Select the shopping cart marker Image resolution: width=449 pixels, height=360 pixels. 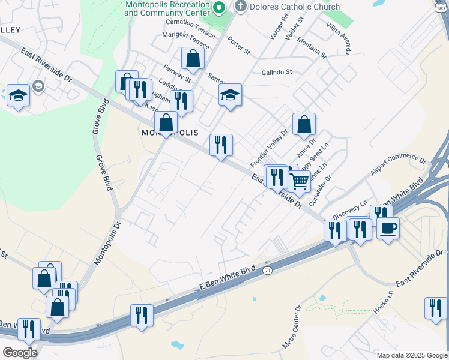(299, 180)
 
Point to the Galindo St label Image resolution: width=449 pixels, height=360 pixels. (276, 72)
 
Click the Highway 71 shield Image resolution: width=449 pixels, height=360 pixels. (267, 272)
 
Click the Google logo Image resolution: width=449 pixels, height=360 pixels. (20, 353)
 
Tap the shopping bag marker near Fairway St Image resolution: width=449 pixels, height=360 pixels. (193, 58)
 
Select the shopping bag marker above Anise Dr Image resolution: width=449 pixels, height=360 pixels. (304, 124)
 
